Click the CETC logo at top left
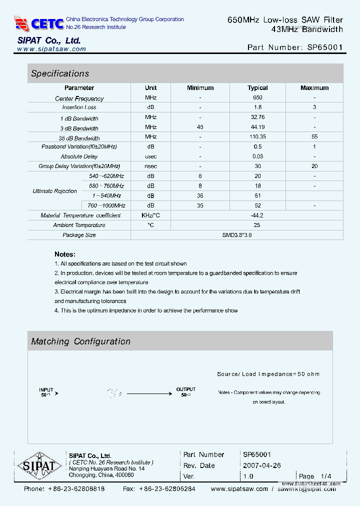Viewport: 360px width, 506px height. [x=39, y=23]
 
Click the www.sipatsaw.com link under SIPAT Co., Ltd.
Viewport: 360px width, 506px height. [x=51, y=49]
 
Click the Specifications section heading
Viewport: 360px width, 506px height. [x=60, y=73]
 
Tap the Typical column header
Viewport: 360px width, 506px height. [x=257, y=88]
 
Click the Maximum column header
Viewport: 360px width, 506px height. [x=314, y=88]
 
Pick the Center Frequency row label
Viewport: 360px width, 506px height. [x=79, y=98]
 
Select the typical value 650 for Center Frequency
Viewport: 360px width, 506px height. [x=257, y=98]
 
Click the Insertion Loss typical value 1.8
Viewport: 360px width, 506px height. [x=257, y=107]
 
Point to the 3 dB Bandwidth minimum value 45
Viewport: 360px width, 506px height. [x=200, y=127]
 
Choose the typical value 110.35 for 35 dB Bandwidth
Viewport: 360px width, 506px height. [x=257, y=137]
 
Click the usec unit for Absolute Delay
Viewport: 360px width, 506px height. [x=150, y=156]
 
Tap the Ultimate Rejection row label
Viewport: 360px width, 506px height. [x=54, y=191]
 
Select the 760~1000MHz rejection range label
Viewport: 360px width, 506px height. [x=106, y=205]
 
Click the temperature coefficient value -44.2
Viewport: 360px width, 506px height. [x=257, y=215]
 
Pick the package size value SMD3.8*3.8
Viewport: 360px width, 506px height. [x=237, y=235]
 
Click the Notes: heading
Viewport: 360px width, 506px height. [x=65, y=254]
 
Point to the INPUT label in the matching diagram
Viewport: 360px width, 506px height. [x=46, y=389]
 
